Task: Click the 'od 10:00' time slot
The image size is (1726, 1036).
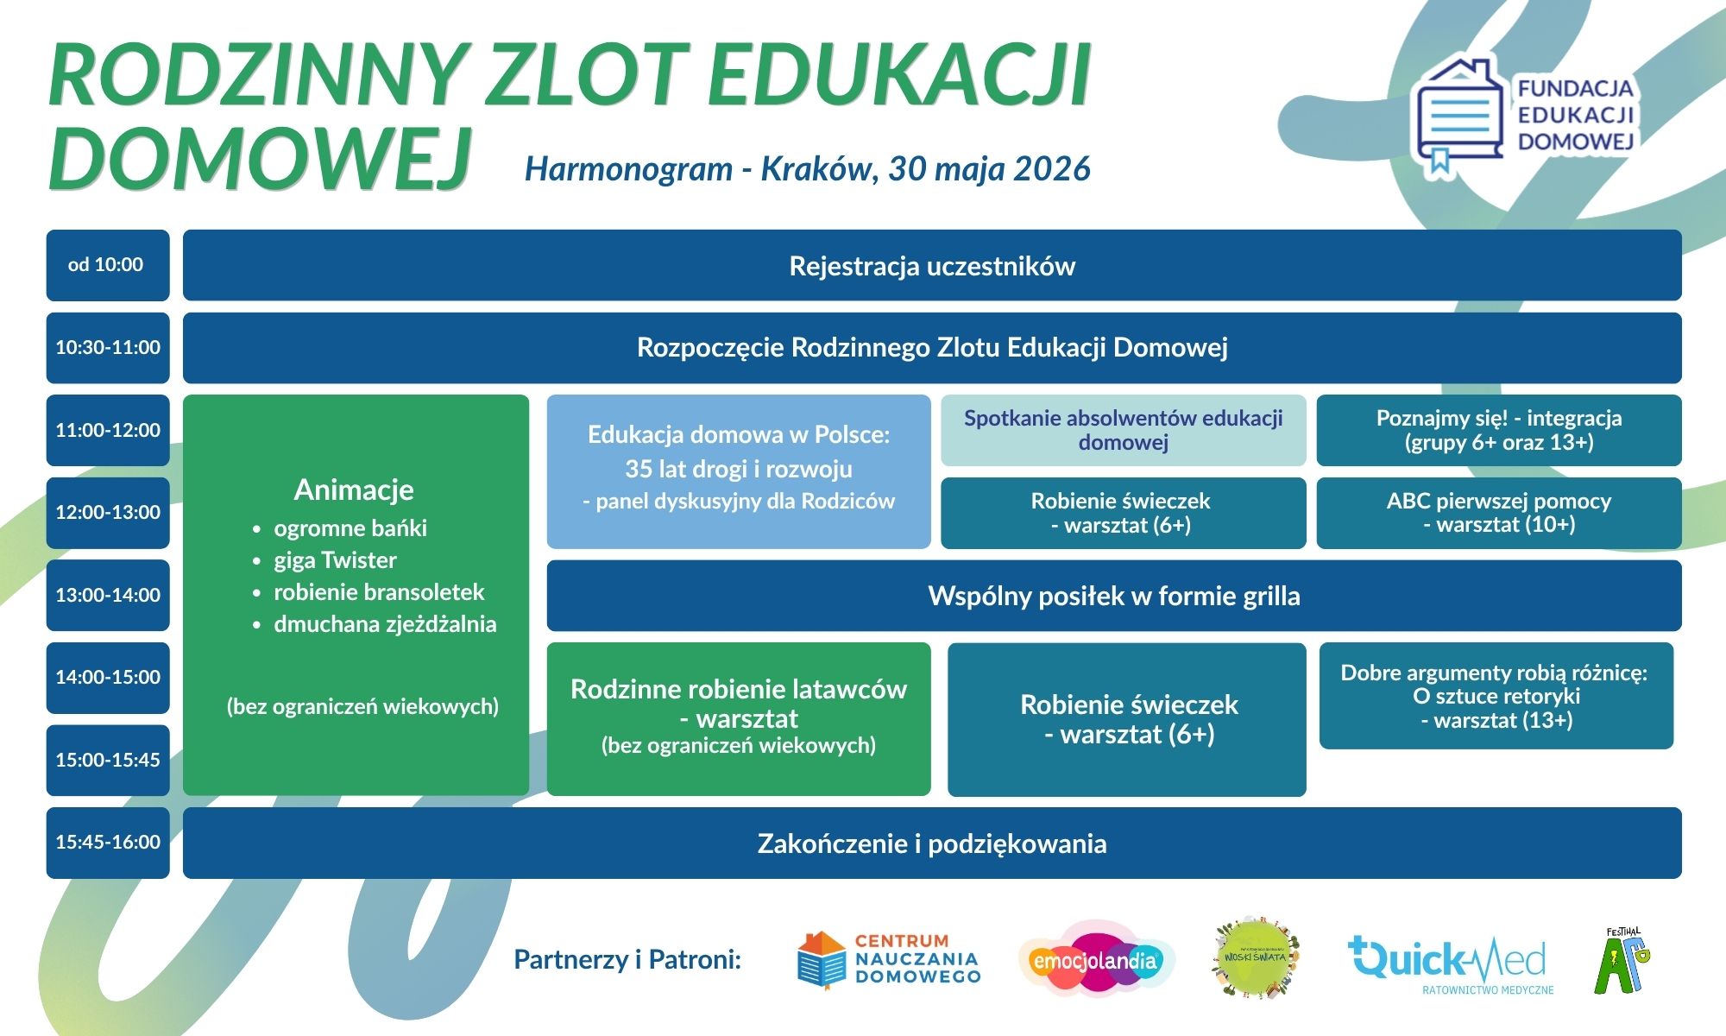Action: pos(108,265)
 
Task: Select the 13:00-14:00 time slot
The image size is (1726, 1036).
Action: pos(108,595)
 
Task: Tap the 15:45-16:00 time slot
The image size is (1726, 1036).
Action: pos(108,843)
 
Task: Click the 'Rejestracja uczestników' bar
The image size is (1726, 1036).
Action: pos(932,265)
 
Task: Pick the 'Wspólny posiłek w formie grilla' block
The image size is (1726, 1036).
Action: pos(1114,596)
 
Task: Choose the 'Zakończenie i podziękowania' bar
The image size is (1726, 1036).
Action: pos(932,843)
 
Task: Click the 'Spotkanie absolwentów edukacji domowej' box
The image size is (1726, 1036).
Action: pos(1124,430)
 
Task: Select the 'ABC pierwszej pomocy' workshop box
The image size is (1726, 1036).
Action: pos(1499,513)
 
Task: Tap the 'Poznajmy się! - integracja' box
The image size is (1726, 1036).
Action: pos(1499,430)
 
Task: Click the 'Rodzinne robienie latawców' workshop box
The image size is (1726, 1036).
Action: pos(739,719)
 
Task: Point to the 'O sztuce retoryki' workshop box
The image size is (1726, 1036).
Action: pos(1496,696)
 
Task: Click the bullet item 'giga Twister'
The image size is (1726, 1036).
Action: pos(335,560)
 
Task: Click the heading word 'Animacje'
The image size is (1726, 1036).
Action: pos(354,490)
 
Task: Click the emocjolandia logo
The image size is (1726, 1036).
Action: pos(1096,960)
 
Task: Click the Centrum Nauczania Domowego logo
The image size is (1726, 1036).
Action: pos(889,959)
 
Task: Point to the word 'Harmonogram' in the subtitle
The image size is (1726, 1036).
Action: pos(628,169)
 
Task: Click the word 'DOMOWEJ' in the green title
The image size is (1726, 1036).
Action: pos(260,158)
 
